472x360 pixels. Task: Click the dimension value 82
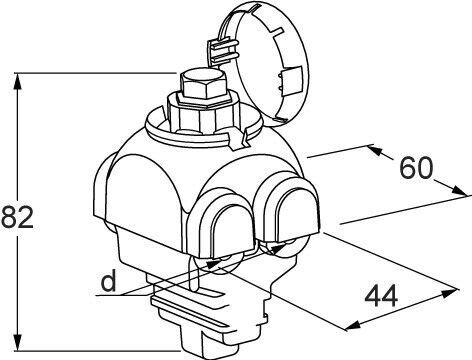(x=17, y=217)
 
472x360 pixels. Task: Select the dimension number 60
(x=416, y=168)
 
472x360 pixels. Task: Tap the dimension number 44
(x=381, y=295)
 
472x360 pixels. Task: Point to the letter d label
(x=109, y=281)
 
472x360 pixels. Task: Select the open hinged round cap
(x=263, y=63)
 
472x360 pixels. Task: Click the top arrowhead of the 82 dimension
(x=18, y=81)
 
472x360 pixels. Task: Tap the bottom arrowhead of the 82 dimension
(x=18, y=342)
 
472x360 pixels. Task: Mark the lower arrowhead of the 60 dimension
(x=460, y=191)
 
